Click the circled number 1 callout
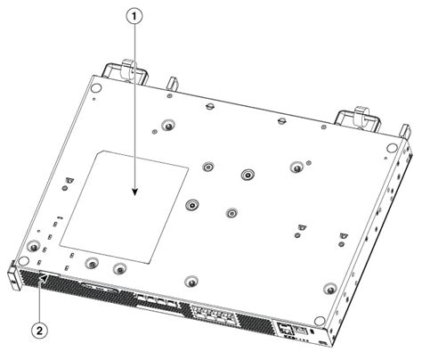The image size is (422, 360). tap(135, 15)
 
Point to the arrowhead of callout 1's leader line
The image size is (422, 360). tap(135, 192)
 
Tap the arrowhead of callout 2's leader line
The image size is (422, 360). tap(45, 278)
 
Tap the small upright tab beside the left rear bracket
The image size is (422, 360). tap(167, 83)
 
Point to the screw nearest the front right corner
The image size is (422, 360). tap(330, 288)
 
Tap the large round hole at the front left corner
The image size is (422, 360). tap(33, 247)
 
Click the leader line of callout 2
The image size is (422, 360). tap(41, 299)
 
